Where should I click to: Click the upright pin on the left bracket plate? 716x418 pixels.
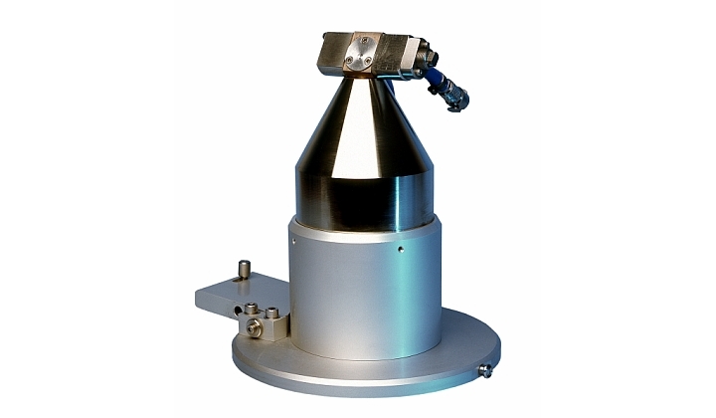[x=244, y=270]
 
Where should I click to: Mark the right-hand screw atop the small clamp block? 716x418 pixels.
[x=273, y=311]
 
